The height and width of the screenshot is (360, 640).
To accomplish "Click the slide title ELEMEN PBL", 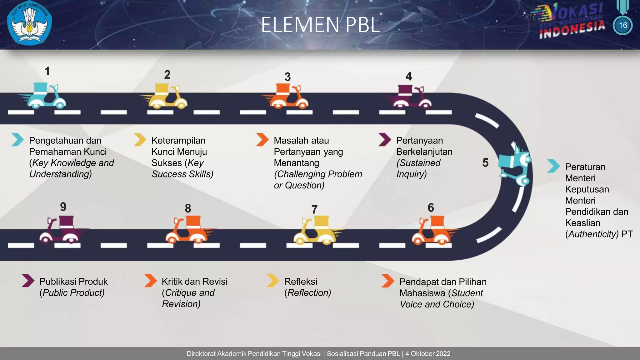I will click(320, 25).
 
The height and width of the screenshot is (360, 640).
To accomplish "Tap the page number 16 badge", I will click(622, 25).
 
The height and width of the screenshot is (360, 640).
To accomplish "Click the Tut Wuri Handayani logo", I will click(29, 24).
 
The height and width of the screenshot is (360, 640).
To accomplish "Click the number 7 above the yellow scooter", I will click(314, 209).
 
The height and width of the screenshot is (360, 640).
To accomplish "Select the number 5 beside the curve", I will click(485, 162).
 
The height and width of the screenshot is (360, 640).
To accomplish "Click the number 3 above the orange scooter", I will click(287, 77).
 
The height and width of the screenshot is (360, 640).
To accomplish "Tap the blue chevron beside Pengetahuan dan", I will click(17, 139).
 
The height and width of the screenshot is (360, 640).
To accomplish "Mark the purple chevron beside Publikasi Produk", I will click(28, 280).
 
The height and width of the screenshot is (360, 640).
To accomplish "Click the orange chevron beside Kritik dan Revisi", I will click(150, 280).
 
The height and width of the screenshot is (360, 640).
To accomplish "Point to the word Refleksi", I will click(301, 282).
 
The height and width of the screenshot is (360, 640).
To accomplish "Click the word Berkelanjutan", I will click(424, 152).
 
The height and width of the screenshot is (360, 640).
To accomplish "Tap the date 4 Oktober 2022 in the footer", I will click(428, 354).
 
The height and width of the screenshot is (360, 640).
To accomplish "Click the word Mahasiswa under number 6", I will click(422, 293).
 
